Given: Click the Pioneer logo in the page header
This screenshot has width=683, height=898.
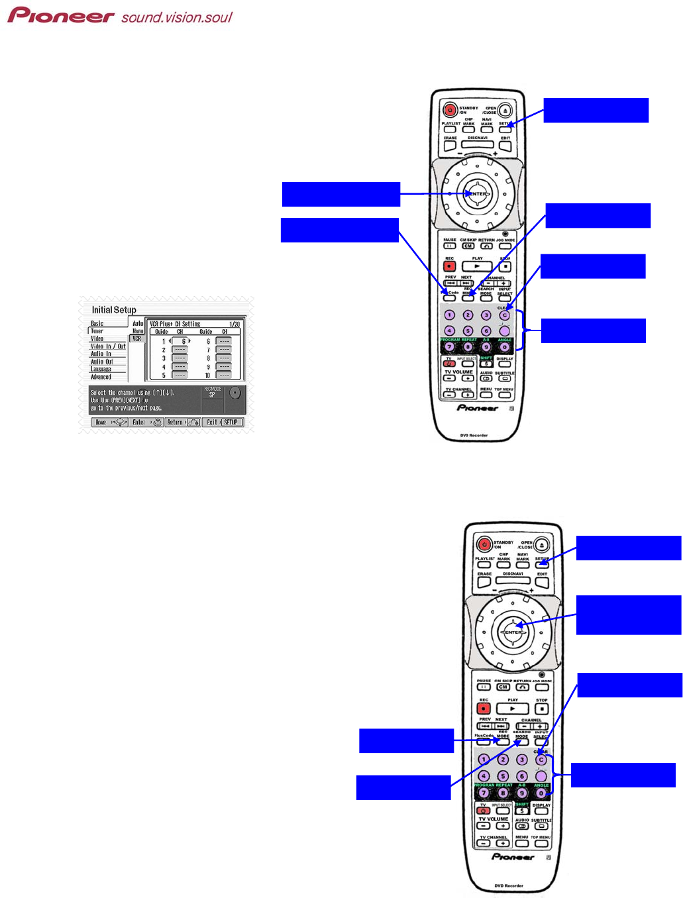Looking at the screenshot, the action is (x=61, y=15).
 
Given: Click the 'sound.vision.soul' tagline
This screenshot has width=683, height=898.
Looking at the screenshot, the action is (x=177, y=17).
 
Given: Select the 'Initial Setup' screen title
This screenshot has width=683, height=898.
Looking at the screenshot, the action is (x=114, y=310).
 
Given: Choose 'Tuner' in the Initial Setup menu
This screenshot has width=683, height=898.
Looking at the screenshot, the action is (x=97, y=330).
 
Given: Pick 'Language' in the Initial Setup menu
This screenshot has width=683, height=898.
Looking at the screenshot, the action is (x=101, y=369).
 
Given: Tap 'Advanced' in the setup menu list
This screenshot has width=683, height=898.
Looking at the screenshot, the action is (x=101, y=377).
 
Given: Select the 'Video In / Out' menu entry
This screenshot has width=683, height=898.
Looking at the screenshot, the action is (x=108, y=346).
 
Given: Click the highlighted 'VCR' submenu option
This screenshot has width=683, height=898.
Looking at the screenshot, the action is (x=136, y=338).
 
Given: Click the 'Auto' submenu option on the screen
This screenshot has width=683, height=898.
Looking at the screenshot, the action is (x=138, y=323).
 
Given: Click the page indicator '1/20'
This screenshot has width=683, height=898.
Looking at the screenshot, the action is (x=235, y=324).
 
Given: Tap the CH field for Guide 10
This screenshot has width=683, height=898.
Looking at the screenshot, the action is (x=224, y=375).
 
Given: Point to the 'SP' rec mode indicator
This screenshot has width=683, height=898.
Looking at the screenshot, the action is (x=212, y=395).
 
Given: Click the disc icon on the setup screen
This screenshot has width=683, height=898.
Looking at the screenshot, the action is (x=235, y=393).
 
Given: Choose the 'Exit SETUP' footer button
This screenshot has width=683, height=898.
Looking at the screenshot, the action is (x=223, y=422).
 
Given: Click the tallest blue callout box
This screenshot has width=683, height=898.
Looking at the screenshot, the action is (x=628, y=615).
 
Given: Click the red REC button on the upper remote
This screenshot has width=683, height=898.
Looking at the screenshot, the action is (x=450, y=266).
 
